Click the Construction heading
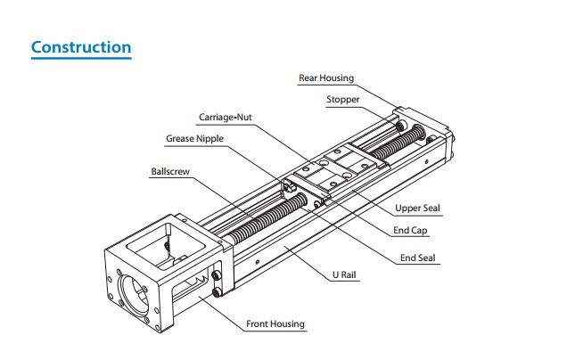[81, 47]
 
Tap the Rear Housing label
[325, 78]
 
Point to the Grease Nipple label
[194, 139]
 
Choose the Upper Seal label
[418, 209]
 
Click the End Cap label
[411, 232]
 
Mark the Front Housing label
[275, 323]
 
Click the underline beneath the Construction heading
[81, 58]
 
